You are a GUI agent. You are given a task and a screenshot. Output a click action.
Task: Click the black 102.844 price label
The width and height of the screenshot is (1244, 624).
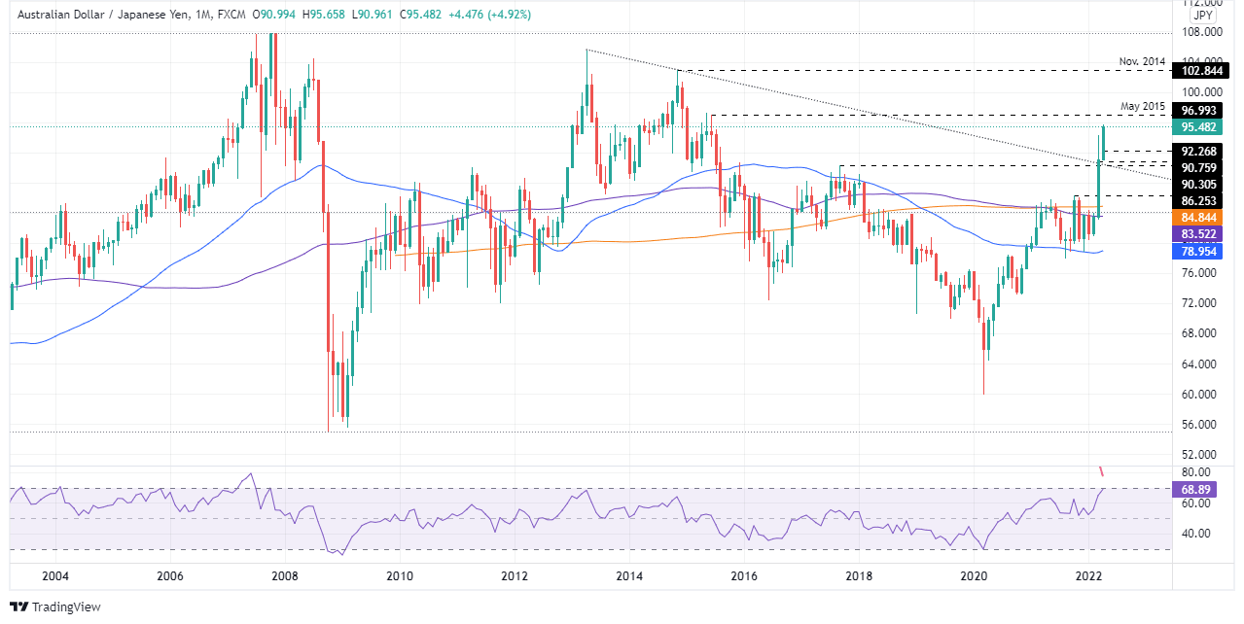[x=1200, y=71]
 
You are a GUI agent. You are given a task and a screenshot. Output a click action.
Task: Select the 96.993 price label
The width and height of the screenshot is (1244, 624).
[x=1200, y=111]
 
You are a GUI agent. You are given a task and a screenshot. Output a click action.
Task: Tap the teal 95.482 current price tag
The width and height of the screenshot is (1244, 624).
[x=1200, y=127]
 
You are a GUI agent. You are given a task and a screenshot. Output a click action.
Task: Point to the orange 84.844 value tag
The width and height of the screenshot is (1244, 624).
[x=1200, y=217]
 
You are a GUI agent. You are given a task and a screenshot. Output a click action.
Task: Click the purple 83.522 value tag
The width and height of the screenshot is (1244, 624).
[x=1200, y=234]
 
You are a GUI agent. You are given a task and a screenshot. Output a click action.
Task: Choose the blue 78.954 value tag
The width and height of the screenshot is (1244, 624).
[x=1200, y=251]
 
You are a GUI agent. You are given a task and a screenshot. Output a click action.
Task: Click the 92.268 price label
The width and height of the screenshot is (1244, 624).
[x=1200, y=151]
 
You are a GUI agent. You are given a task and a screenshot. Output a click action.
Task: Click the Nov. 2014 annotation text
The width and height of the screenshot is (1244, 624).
[x=1142, y=61]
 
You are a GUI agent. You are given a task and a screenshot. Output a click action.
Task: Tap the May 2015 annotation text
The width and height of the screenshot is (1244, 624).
[x=1143, y=105]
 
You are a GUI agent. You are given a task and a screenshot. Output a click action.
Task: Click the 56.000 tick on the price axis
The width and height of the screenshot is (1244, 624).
[x=1200, y=425]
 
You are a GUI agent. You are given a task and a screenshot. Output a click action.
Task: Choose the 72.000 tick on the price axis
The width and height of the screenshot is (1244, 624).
[x=1200, y=303]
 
